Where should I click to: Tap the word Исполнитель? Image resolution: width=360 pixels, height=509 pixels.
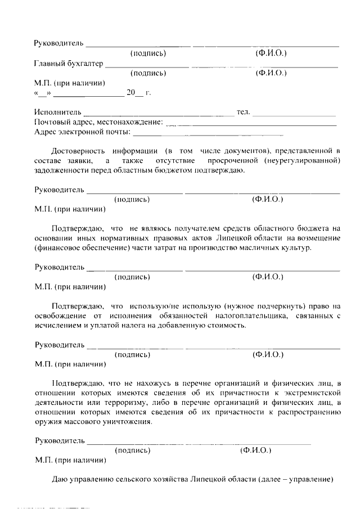[x=58, y=112]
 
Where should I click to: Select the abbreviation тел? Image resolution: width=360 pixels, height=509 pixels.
[x=243, y=112]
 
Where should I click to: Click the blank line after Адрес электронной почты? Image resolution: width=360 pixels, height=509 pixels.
[x=208, y=134]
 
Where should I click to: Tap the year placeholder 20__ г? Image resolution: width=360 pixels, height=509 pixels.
[x=139, y=93]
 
